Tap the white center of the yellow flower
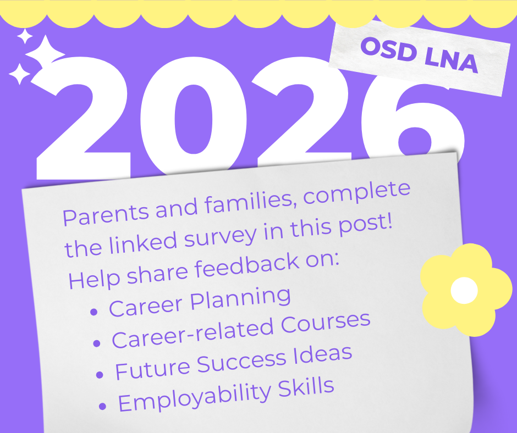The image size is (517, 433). [x=464, y=290]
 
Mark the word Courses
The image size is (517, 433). [x=326, y=323]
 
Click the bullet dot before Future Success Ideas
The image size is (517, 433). [x=100, y=374]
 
